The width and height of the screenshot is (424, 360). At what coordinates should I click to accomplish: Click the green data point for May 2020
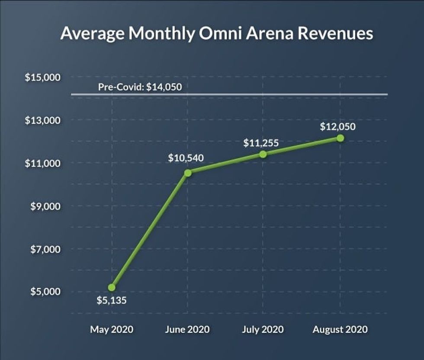tap(112, 287)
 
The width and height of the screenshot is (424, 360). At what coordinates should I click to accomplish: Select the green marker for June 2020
tap(188, 173)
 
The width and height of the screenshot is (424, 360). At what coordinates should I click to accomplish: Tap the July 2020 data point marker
tap(263, 154)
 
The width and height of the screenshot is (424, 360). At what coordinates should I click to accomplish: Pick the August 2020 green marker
tap(340, 138)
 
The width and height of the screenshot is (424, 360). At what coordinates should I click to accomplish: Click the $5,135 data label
tap(112, 300)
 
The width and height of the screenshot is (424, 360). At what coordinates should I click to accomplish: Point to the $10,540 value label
tap(186, 158)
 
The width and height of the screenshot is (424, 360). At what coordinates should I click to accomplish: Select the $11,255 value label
tap(260, 142)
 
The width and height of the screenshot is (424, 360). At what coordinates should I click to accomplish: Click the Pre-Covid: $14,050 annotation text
tap(140, 87)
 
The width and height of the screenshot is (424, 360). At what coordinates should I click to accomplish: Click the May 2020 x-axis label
tap(112, 329)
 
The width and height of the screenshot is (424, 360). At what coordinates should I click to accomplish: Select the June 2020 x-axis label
tap(187, 329)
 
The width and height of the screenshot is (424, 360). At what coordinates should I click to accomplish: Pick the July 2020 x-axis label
tap(263, 329)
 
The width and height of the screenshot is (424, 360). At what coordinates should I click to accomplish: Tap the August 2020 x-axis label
tap(340, 329)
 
